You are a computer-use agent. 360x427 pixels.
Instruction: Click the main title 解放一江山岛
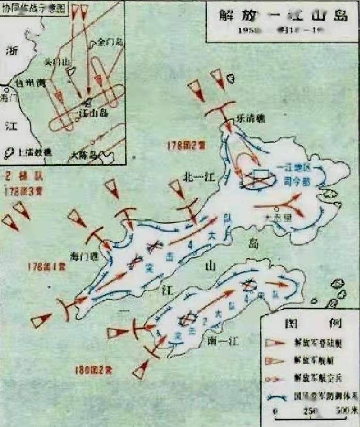coord(283,15)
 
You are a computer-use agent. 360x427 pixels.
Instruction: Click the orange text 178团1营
coord(47,267)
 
